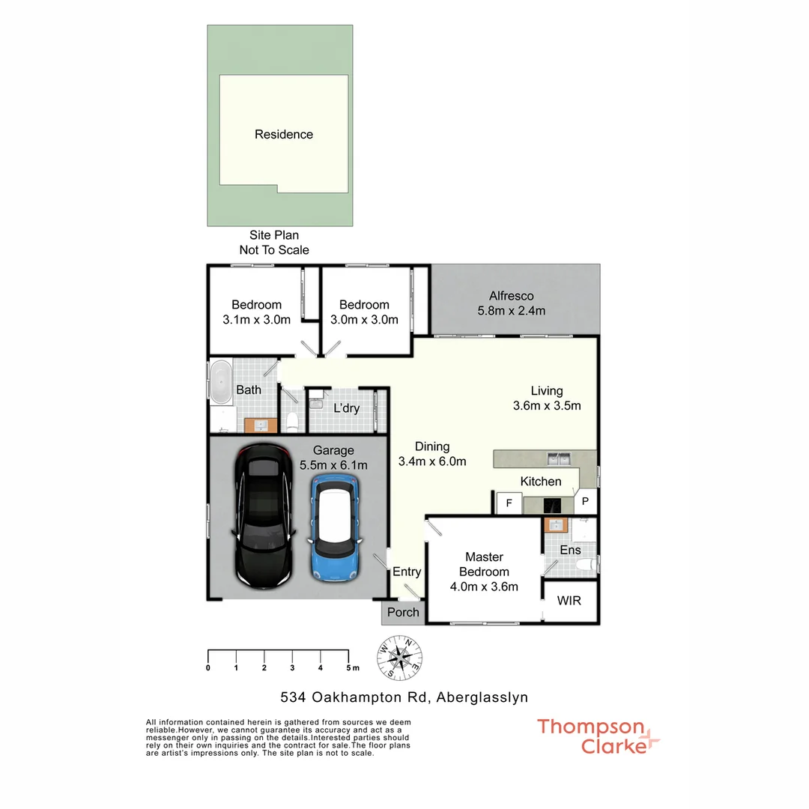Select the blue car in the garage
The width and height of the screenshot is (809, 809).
point(336,528)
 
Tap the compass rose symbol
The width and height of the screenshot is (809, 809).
point(399,657)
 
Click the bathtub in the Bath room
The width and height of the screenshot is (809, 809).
point(220,383)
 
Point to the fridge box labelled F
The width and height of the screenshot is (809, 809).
point(509,503)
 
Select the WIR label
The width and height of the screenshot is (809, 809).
point(569,601)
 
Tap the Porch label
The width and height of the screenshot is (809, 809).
point(403,612)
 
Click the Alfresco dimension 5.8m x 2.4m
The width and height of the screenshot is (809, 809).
point(512,311)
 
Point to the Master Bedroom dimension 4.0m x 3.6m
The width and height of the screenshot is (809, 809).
point(484,587)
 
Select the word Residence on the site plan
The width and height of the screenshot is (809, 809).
point(284,135)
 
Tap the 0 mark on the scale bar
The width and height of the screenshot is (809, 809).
point(208,667)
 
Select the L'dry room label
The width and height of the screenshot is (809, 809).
point(346,408)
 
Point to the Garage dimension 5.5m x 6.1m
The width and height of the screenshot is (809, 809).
point(333,465)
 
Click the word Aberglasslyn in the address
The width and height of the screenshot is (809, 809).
point(481,697)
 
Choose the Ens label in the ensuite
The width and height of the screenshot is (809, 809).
point(570,550)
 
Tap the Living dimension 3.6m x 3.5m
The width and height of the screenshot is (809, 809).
point(547,406)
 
